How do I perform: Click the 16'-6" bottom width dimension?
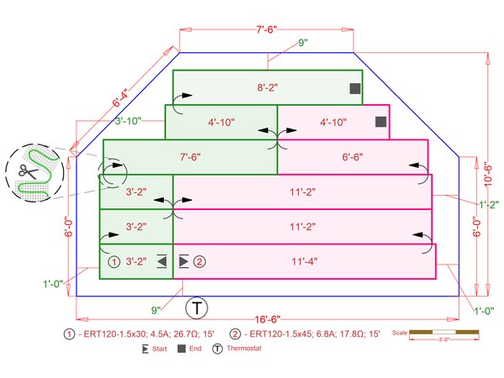(267, 319)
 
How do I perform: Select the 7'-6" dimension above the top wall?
(266, 29)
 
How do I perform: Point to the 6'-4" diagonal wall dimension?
(120, 98)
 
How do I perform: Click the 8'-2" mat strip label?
(267, 87)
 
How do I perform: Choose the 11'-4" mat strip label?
(304, 261)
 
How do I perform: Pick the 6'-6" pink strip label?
(352, 157)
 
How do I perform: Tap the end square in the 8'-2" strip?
(354, 89)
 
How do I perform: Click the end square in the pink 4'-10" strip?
(381, 122)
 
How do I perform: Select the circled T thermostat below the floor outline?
(197, 307)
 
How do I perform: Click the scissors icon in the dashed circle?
(28, 171)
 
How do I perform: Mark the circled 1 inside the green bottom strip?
(113, 261)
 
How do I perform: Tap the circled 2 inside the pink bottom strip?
(199, 261)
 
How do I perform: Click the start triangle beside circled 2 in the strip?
(184, 261)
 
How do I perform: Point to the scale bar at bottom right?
(444, 333)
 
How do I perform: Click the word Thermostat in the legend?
(244, 348)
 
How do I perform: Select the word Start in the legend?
(160, 349)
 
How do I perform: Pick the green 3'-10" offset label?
(128, 121)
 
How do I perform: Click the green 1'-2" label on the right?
(489, 205)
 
